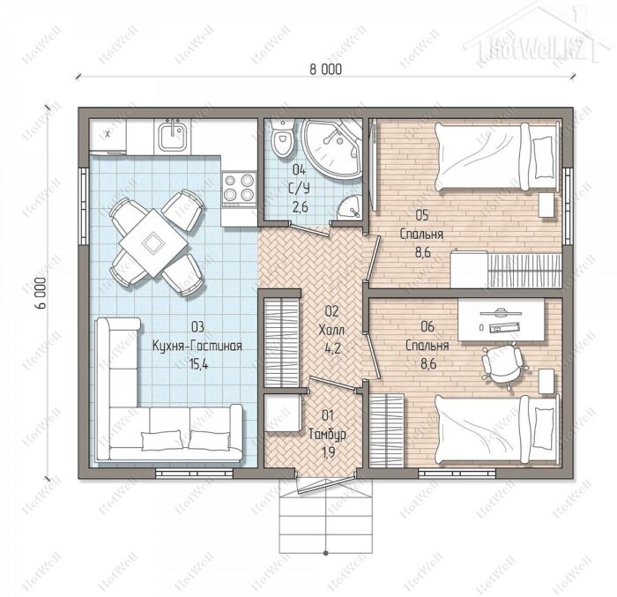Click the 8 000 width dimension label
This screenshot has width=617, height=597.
(325, 70)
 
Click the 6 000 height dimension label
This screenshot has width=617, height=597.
(41, 293)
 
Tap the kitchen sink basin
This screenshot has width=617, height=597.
(173, 137)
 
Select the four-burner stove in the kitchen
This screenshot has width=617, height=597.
(239, 190)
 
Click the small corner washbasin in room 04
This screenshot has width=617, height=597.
(350, 207)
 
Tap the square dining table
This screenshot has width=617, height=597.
(153, 243)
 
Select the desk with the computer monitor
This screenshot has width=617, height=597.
(501, 320)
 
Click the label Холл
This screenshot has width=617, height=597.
(331, 330)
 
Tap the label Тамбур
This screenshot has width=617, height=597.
(327, 434)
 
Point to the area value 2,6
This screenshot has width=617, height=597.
(300, 206)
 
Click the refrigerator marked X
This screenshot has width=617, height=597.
(108, 135)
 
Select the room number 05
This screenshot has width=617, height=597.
(422, 215)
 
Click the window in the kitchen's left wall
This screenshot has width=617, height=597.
(84, 207)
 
